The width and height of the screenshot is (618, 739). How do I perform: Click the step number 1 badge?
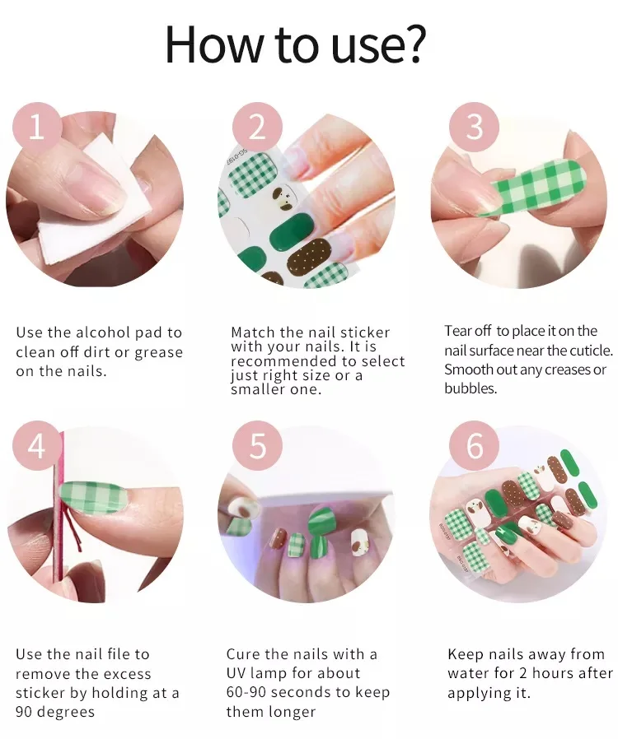36,128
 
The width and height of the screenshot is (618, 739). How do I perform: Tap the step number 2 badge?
258,128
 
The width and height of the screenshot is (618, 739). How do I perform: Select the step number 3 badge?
475,128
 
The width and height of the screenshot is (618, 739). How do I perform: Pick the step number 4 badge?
36,446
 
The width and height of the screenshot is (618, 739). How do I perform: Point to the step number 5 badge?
258,446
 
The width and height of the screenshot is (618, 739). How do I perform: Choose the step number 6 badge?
475,446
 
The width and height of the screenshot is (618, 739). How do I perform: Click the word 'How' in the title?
209,44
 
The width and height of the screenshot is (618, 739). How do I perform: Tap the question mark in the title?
412,44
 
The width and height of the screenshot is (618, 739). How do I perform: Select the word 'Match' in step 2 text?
253,332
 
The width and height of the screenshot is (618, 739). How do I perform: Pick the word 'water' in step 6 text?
470,674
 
